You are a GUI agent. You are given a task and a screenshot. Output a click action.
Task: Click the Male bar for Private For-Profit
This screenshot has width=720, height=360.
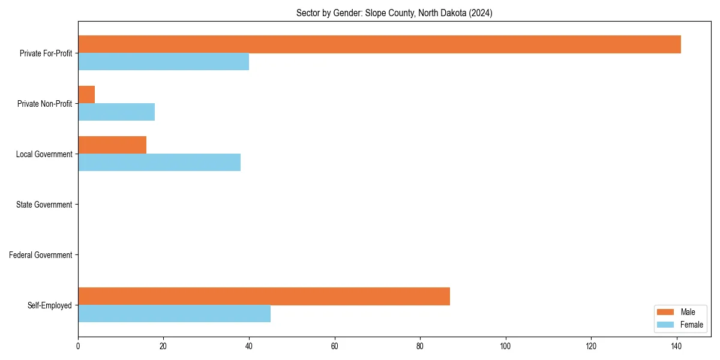pyautogui.click(x=379, y=44)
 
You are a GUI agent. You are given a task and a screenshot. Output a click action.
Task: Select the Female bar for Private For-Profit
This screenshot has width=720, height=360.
pyautogui.click(x=163, y=62)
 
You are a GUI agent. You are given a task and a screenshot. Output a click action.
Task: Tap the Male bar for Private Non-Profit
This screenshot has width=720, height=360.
pyautogui.click(x=86, y=95)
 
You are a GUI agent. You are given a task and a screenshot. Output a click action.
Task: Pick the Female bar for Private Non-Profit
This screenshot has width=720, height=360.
pyautogui.click(x=116, y=112)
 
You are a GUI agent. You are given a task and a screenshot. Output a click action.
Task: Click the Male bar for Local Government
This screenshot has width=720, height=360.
pyautogui.click(x=112, y=145)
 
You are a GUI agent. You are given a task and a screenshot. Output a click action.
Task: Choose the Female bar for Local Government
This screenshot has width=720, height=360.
pyautogui.click(x=159, y=163)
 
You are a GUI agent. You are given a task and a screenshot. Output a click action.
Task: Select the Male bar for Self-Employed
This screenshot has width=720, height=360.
pyautogui.click(x=264, y=296)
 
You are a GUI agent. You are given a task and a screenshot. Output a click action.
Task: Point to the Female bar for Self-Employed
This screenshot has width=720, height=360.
pyautogui.click(x=174, y=314)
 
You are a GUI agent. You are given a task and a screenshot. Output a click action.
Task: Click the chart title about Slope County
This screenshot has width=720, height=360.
pyautogui.click(x=394, y=13)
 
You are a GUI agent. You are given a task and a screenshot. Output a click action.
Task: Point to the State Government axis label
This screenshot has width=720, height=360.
pyautogui.click(x=44, y=205)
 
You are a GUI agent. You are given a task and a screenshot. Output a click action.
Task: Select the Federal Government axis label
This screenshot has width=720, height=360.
pyautogui.click(x=41, y=255)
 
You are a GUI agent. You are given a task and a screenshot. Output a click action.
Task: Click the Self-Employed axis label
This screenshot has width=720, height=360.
pyautogui.click(x=50, y=305)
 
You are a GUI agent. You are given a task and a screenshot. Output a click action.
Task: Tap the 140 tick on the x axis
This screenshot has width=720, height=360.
pyautogui.click(x=677, y=346)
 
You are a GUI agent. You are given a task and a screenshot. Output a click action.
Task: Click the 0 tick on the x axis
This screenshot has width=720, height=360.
pyautogui.click(x=78, y=346)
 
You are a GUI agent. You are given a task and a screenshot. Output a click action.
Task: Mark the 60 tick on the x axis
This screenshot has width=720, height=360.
pyautogui.click(x=335, y=346)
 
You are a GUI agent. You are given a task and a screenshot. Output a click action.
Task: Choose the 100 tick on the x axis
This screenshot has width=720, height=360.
pyautogui.click(x=506, y=346)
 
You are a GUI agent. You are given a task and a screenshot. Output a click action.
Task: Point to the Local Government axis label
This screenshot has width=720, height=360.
pyautogui.click(x=44, y=154)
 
